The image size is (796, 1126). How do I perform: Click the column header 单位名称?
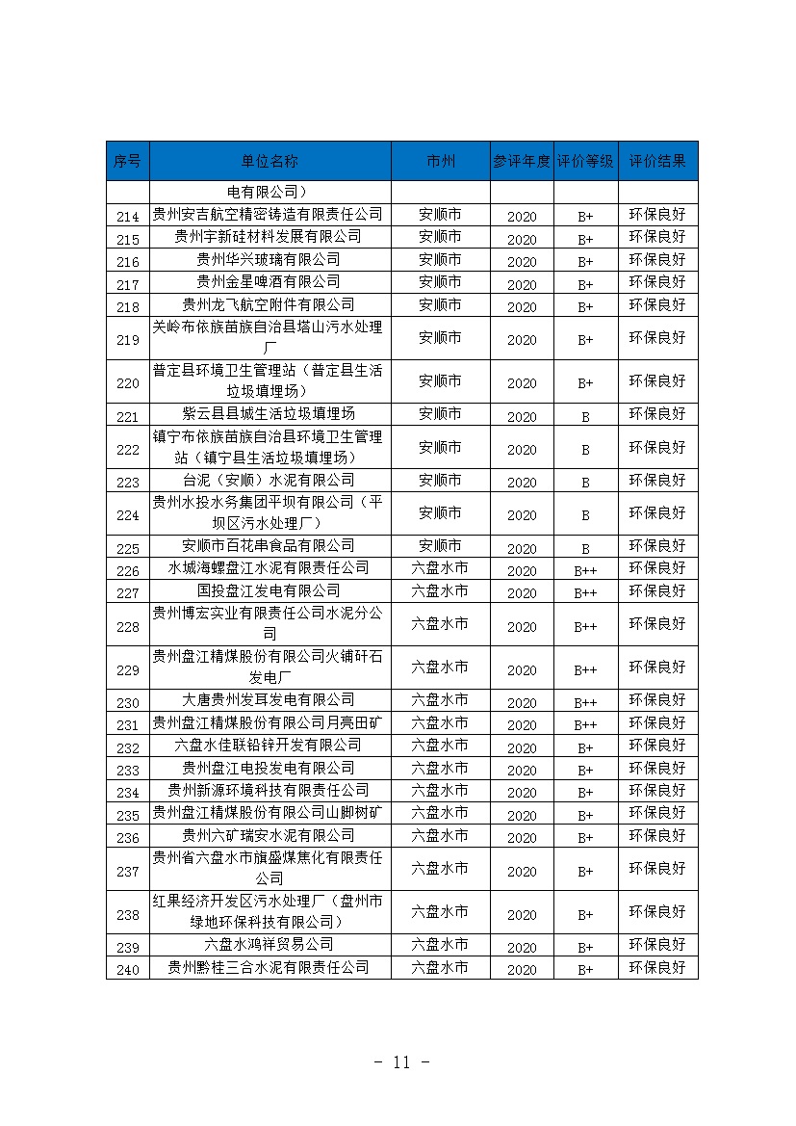pyautogui.click(x=270, y=161)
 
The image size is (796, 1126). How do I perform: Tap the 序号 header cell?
pyautogui.click(x=127, y=161)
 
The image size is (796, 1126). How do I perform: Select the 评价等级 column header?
pyautogui.click(x=585, y=161)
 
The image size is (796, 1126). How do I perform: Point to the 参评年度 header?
pyautogui.click(x=522, y=161)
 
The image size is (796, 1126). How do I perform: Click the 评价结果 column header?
pyautogui.click(x=657, y=161)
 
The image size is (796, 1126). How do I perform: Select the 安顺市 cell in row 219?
pyautogui.click(x=440, y=338)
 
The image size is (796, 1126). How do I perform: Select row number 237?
pyautogui.click(x=127, y=872)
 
